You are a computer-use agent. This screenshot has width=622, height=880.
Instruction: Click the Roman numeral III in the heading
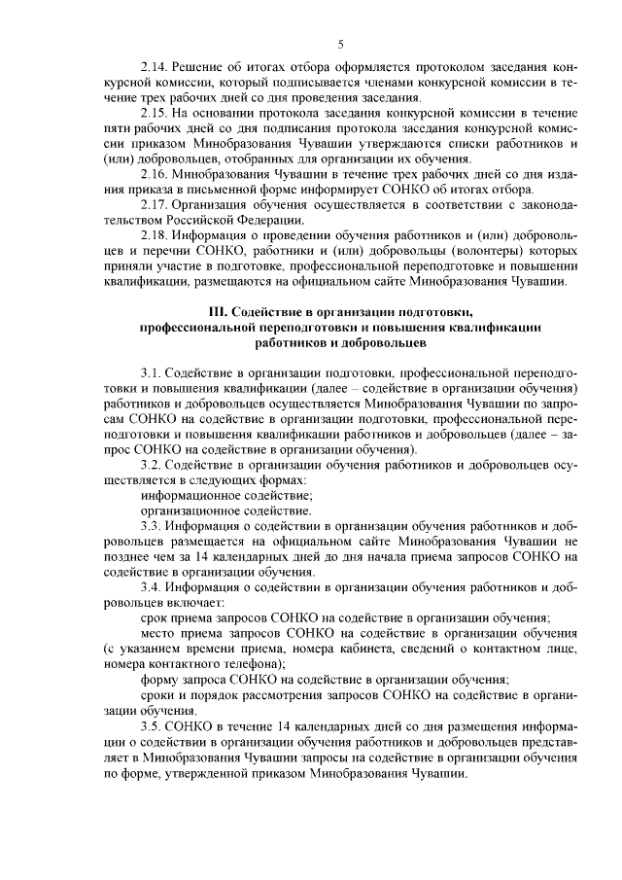click(x=221, y=311)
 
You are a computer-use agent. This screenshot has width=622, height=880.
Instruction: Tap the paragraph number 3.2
click(x=152, y=466)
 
